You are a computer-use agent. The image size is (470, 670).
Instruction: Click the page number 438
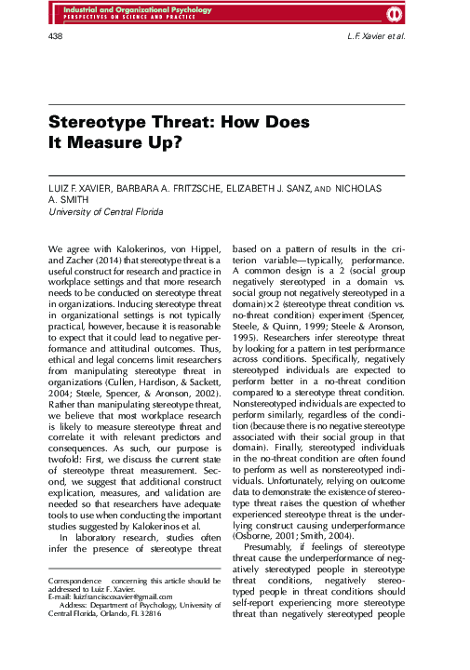55,35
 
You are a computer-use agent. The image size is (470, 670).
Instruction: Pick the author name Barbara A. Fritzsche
166,189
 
